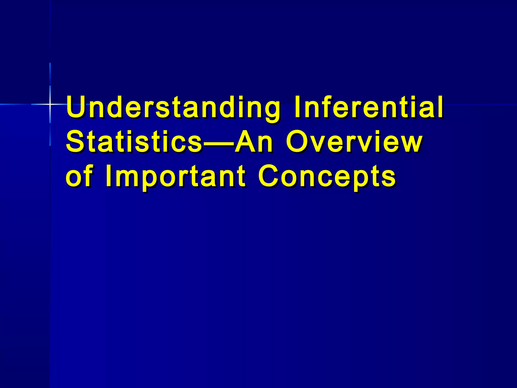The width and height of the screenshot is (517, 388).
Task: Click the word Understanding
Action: [173, 107]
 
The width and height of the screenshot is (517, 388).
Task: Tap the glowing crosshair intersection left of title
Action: [50, 104]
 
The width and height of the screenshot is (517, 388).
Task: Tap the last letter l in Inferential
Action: [440, 107]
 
